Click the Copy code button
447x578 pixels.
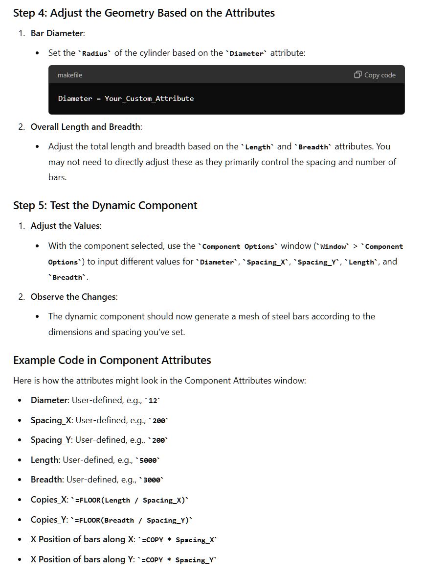(375, 75)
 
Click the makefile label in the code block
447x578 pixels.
(69, 75)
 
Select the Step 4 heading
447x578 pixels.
(144, 13)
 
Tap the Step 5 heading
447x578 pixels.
(105, 205)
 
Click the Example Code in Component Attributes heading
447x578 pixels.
(112, 360)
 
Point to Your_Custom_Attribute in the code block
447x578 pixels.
(149, 98)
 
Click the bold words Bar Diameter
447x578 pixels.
(57, 33)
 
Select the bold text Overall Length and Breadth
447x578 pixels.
(86, 127)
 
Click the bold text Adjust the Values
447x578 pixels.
(66, 226)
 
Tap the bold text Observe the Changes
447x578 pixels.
(73, 297)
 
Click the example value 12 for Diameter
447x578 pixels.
(154, 401)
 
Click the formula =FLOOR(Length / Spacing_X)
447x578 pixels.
(130, 500)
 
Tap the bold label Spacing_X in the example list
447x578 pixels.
(51, 420)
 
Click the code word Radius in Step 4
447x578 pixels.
(95, 53)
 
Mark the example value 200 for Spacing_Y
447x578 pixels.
(158, 440)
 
